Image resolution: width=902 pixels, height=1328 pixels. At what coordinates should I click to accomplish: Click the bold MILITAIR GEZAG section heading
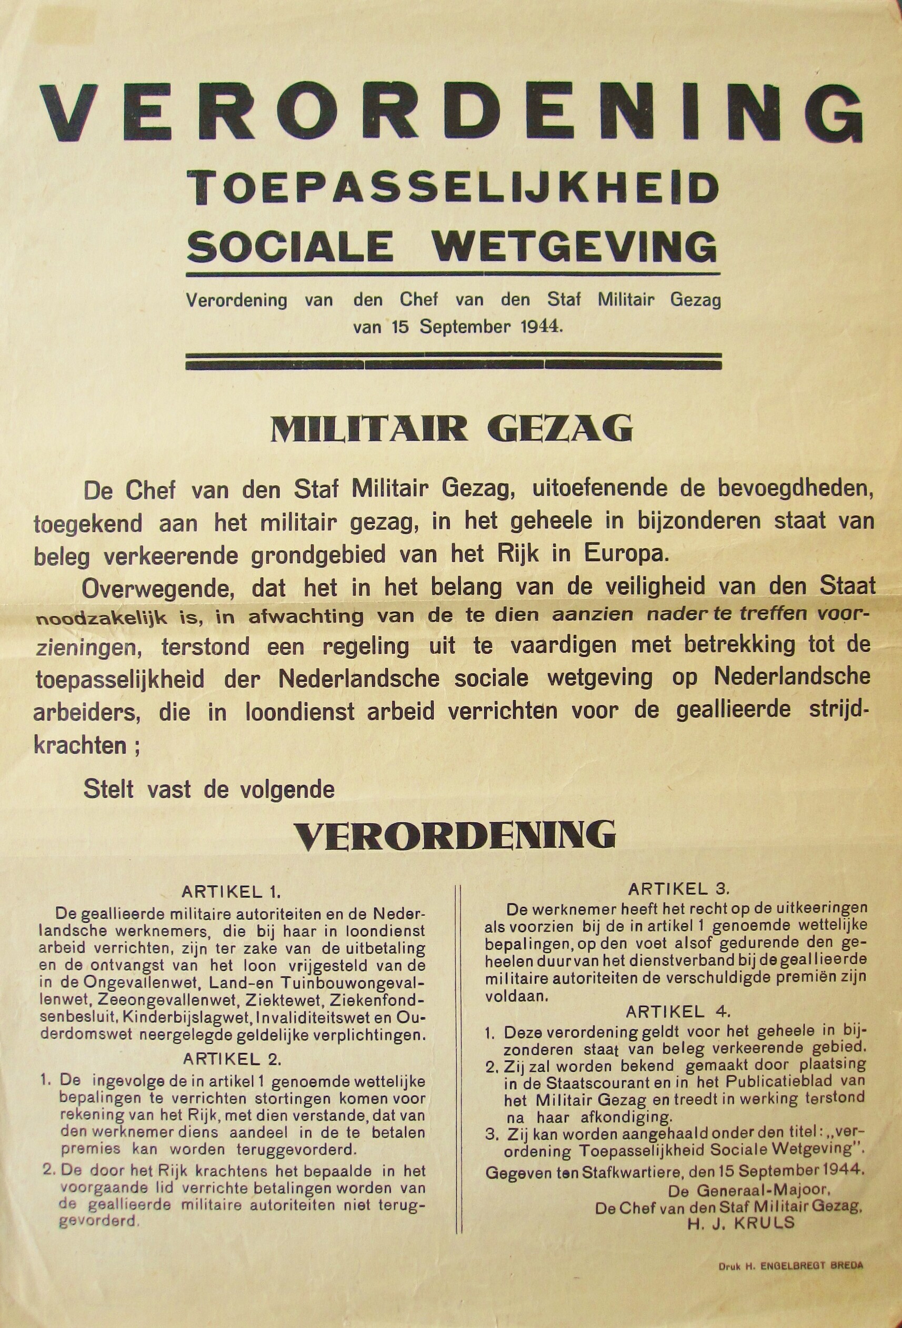(x=452, y=428)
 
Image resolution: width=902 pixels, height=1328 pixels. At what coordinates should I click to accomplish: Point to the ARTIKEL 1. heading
(x=231, y=893)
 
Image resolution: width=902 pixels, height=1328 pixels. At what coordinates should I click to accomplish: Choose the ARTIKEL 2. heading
(x=231, y=1043)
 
